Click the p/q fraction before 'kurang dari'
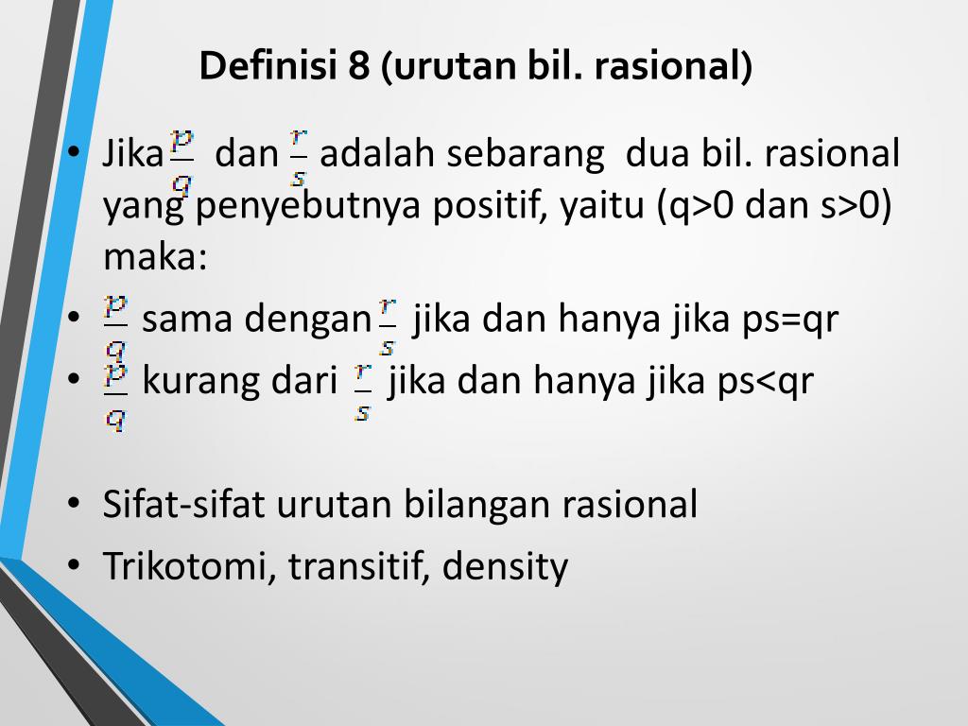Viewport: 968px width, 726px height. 115,396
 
